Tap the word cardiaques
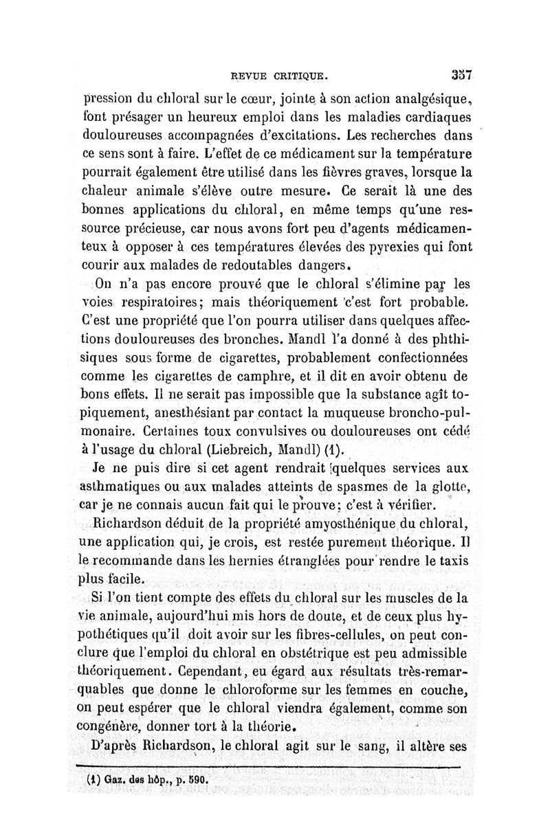(x=433, y=116)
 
